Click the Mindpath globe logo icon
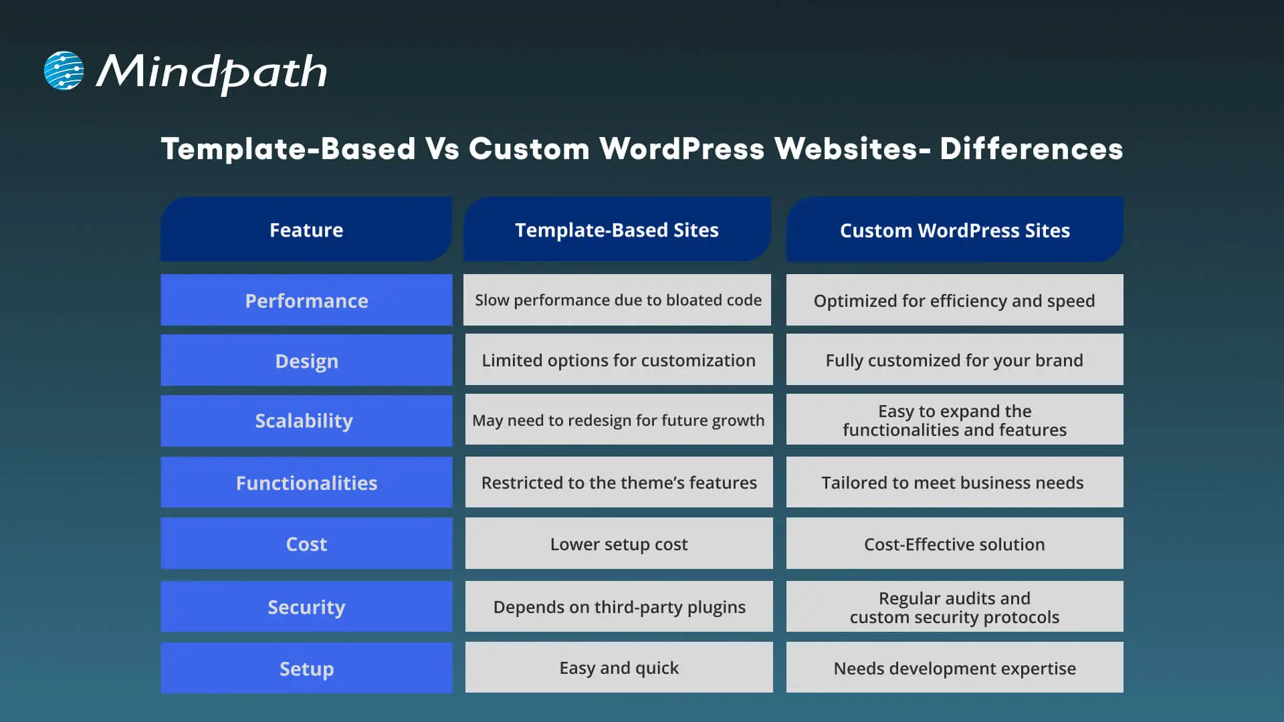[64, 70]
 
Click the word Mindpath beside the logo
[212, 72]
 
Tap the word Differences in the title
[1031, 148]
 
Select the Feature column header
[306, 230]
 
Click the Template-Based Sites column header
[617, 230]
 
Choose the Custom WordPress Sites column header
[954, 231]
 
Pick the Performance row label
[306, 301]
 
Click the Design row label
[306, 361]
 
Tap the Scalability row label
[304, 420]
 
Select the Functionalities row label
[306, 483]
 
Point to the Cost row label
[306, 544]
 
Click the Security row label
[306, 607]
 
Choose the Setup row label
[306, 669]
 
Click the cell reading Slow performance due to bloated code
[618, 300]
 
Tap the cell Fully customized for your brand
[954, 360]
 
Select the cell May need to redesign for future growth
[618, 420]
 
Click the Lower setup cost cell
[619, 544]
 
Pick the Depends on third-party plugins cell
[619, 607]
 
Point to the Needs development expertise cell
[954, 669]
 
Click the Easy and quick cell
[619, 668]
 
